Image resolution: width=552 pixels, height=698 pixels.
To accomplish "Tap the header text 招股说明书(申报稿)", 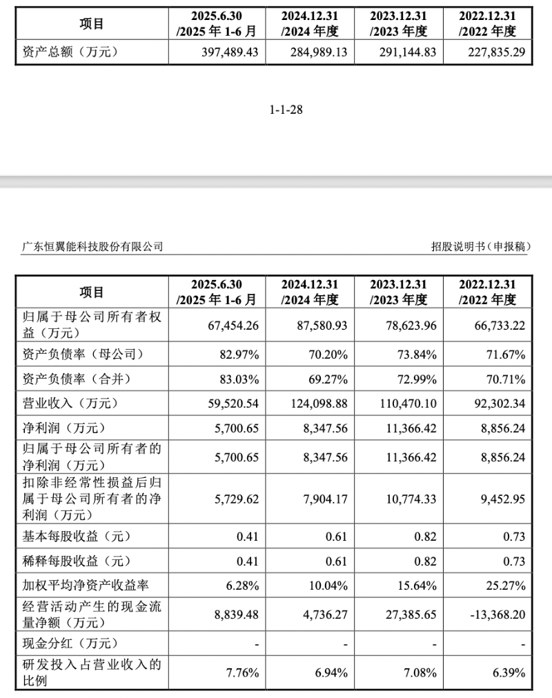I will tap(482, 246).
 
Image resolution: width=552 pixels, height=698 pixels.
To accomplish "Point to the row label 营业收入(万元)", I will tap(66, 404).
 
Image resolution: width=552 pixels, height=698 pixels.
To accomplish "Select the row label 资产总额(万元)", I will tap(66, 52).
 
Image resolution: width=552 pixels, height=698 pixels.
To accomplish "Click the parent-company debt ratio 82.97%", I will tap(238, 355).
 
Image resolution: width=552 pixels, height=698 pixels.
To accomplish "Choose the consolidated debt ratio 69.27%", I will tap(326, 379).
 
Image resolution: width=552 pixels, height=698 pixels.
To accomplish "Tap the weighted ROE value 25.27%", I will tap(504, 586).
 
